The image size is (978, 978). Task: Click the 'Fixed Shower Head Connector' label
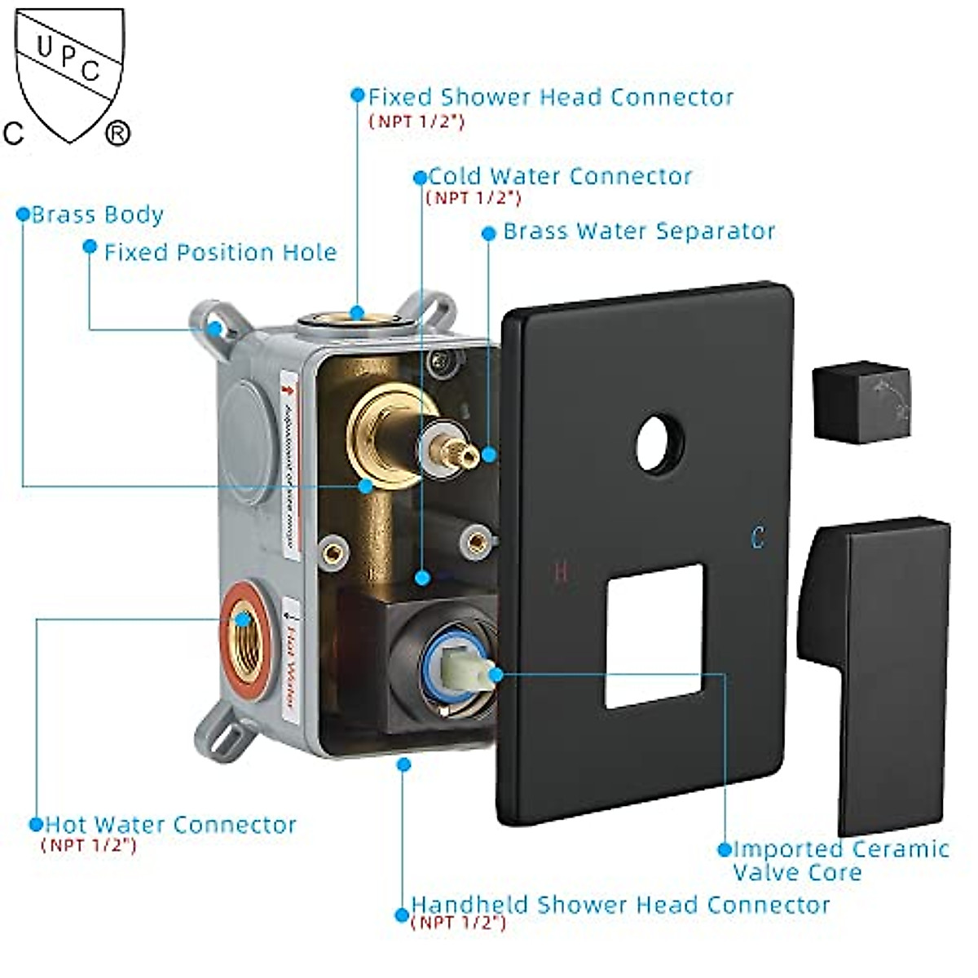coord(551,97)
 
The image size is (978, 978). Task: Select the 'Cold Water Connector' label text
coord(560,176)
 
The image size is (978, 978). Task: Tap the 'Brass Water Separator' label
coord(639,231)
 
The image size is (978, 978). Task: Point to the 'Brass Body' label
coord(98,215)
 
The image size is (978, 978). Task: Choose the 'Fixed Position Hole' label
coord(220,253)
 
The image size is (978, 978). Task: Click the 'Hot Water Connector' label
coord(170,825)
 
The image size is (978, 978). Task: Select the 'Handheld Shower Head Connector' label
coord(620,905)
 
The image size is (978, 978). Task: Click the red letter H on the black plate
coord(561,571)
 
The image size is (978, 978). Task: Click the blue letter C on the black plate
coord(758,538)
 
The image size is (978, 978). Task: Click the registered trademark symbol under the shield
coord(117,133)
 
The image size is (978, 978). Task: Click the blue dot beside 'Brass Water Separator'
coord(489,233)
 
